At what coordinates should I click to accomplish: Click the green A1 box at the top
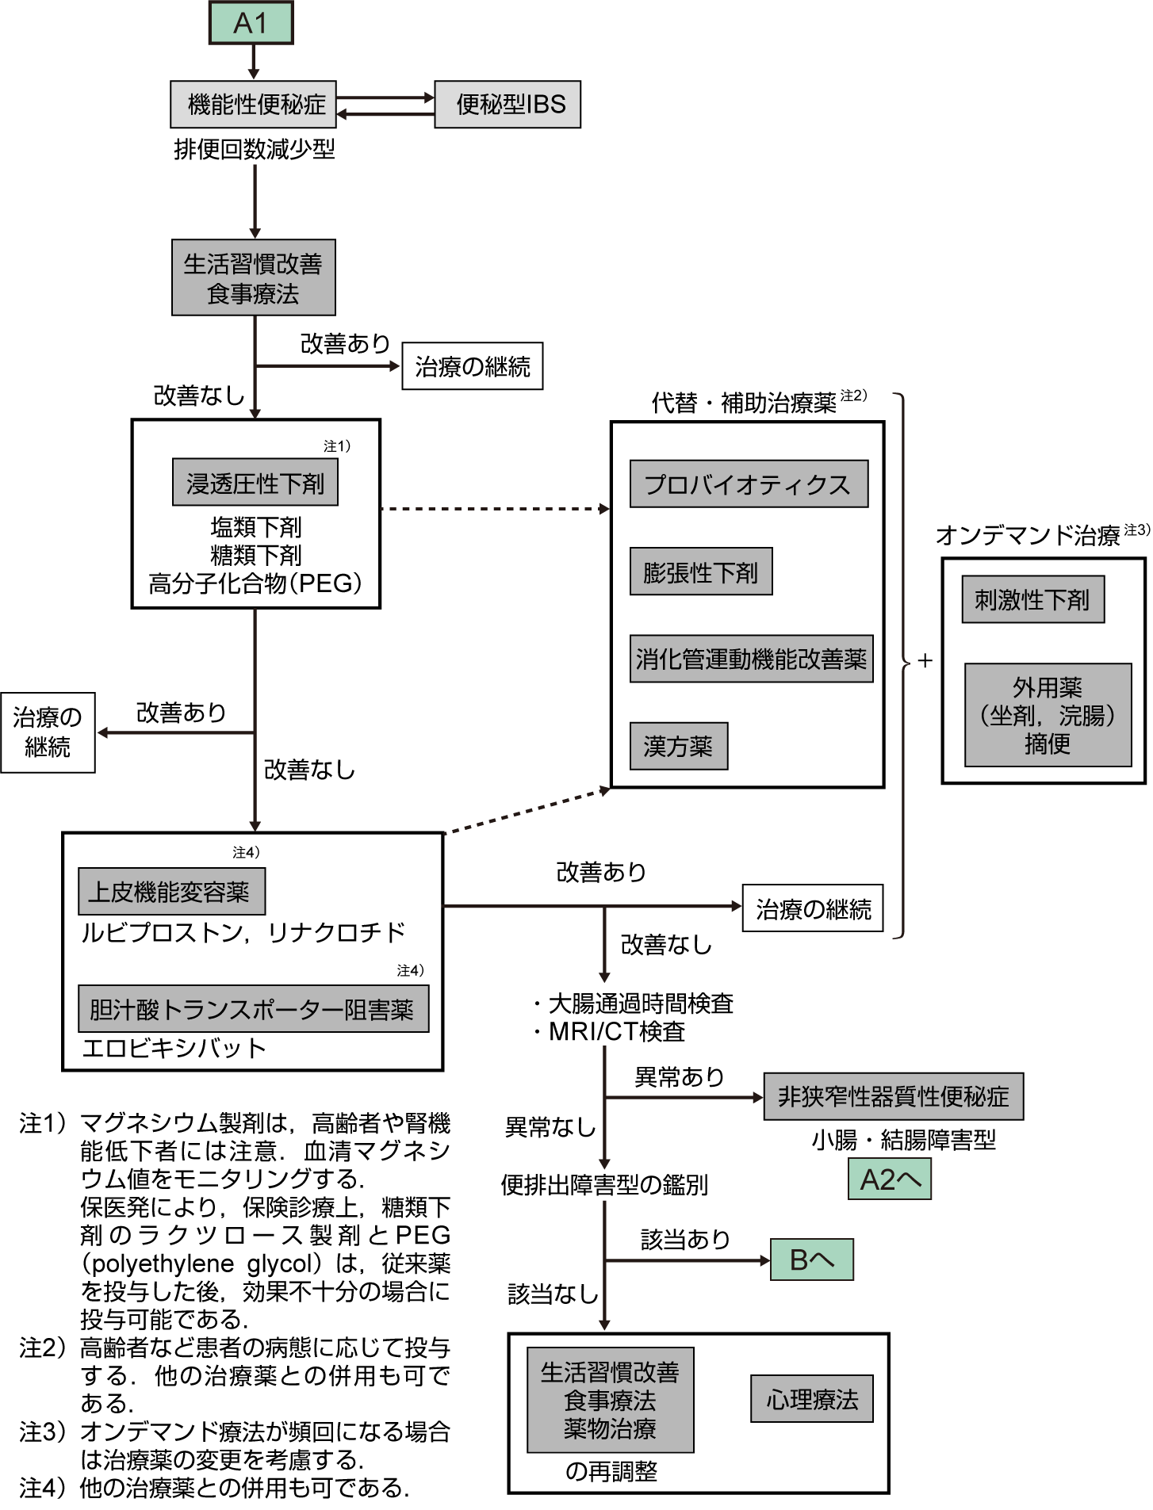tap(251, 23)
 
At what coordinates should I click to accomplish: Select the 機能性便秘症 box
tap(254, 104)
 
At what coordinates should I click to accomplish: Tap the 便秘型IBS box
tap(508, 104)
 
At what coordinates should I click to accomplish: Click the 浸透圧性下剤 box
tap(255, 482)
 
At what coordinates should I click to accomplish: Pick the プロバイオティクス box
tap(748, 484)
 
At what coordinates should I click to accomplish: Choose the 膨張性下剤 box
tap(700, 572)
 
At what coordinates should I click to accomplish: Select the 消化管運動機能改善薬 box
tap(751, 659)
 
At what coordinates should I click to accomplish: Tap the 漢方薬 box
tap(678, 746)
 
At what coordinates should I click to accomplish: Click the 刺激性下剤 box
tap(1032, 599)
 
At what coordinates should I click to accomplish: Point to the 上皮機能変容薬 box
tap(171, 892)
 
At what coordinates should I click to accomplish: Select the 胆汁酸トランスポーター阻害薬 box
tap(253, 1009)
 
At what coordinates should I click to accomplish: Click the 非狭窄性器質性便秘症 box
tap(893, 1096)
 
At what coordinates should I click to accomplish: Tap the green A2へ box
tap(889, 1179)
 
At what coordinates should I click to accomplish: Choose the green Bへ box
tap(811, 1260)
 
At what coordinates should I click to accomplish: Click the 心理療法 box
tap(811, 1399)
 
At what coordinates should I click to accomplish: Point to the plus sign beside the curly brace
tap(925, 660)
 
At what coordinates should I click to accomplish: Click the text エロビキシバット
tap(174, 1048)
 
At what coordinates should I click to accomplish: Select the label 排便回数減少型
tap(255, 149)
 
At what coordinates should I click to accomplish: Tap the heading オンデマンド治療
tap(1028, 536)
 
